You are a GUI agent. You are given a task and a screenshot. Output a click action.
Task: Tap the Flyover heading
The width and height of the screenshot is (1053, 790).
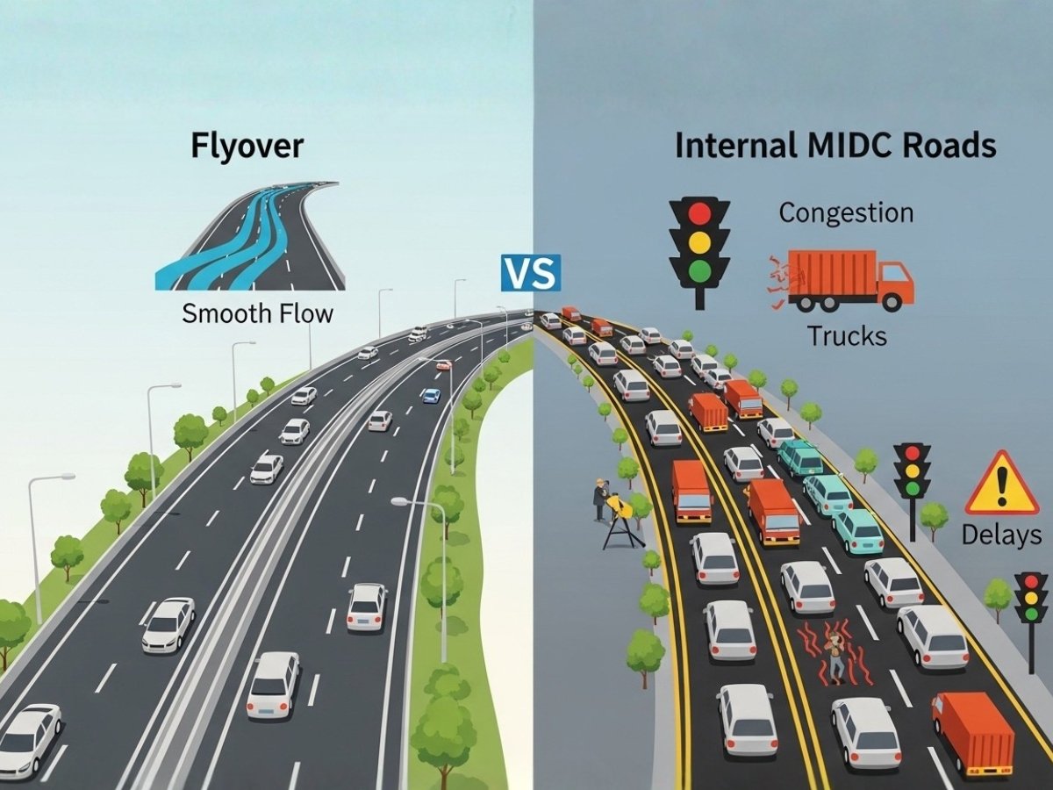tap(247, 146)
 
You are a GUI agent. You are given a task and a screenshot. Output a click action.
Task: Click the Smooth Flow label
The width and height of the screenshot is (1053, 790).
tap(257, 313)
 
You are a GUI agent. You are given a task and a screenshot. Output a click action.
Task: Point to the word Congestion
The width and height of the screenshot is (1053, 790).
tap(846, 212)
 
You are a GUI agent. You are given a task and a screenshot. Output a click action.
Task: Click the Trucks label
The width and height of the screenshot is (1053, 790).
tap(847, 335)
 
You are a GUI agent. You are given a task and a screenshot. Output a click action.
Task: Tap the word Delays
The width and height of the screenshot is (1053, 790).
tap(1001, 535)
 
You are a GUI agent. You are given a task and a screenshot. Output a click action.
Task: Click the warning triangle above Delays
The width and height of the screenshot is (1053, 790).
tap(1001, 485)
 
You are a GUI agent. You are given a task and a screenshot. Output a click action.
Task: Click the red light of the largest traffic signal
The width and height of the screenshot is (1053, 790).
tap(699, 214)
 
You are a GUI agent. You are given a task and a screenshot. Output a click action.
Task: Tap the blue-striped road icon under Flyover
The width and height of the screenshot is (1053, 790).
tap(250, 236)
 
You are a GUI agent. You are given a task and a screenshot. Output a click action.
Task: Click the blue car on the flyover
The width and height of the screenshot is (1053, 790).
tap(431, 395)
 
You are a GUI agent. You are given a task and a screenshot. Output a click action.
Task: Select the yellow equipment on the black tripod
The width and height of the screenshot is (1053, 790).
tap(621, 506)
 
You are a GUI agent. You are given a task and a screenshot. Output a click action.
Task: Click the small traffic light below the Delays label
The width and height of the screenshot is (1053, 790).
tap(1031, 598)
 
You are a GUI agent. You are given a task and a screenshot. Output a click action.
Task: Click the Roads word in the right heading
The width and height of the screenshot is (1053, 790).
tap(953, 146)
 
